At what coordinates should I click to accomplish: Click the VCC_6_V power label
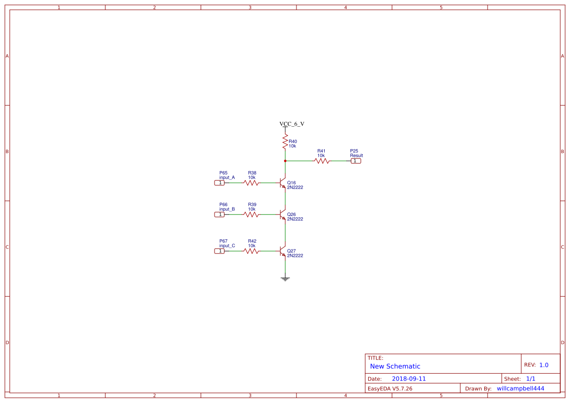point(292,124)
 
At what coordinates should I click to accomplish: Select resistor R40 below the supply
point(285,142)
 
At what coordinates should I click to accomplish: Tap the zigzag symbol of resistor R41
point(321,160)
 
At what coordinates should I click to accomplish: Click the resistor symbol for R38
point(252,183)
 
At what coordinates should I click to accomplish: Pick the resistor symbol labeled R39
point(252,214)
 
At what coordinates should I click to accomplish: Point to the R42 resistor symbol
point(252,251)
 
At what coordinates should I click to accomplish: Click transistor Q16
point(283,183)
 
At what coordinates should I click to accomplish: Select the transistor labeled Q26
point(283,214)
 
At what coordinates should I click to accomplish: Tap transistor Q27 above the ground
point(283,251)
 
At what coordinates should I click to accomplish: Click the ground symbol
point(285,279)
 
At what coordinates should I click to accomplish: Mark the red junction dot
point(285,160)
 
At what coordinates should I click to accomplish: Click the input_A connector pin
point(220,183)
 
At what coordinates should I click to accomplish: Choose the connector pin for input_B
point(220,214)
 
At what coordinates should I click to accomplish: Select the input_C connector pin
point(220,251)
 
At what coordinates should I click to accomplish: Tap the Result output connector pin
point(355,160)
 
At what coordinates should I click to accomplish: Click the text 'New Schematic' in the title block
point(395,366)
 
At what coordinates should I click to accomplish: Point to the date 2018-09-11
point(409,379)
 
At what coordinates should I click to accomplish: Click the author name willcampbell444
point(520,388)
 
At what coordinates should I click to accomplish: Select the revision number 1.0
point(544,365)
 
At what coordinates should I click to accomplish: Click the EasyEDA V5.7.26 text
point(390,388)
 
